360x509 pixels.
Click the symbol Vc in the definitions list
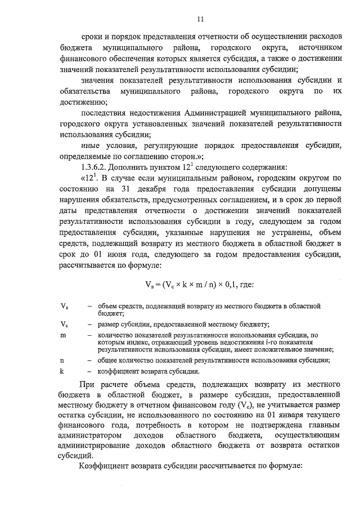pyautogui.click(x=64, y=324)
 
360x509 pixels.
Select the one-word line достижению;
pyautogui.click(x=83, y=102)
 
